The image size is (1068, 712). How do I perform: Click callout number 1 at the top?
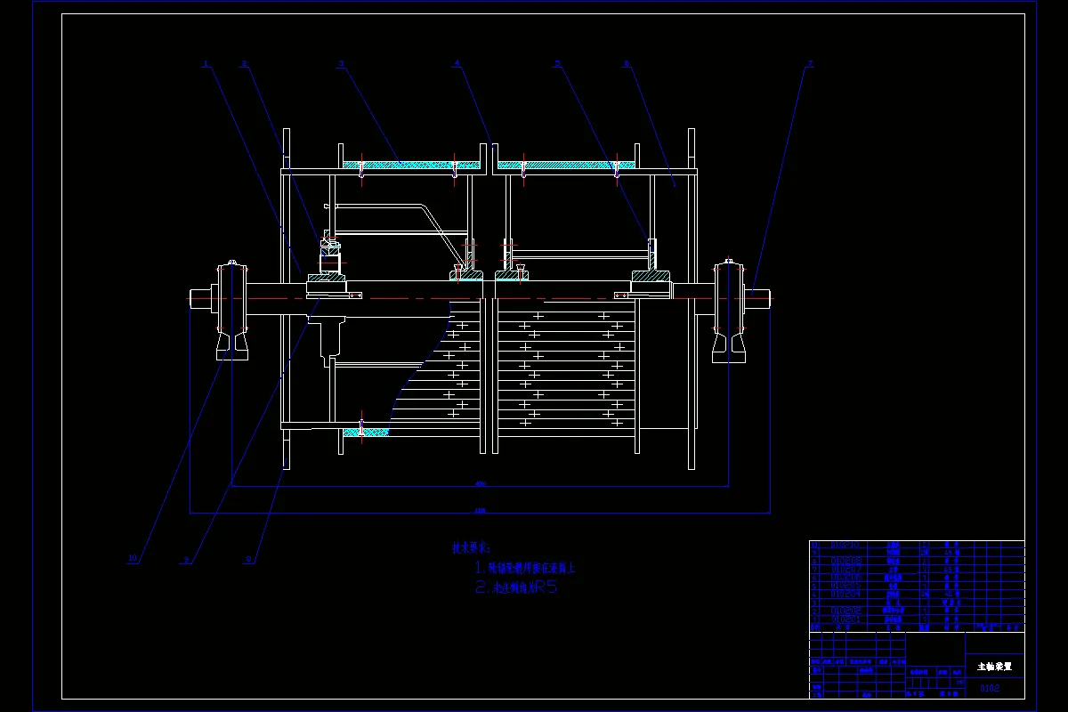205,63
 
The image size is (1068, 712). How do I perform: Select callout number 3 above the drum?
341,63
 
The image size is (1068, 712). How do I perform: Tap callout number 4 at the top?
457,63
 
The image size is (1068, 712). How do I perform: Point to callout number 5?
557,63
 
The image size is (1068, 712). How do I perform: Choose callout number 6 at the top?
626,63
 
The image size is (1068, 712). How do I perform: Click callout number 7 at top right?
809,63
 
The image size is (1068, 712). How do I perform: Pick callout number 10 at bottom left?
133,559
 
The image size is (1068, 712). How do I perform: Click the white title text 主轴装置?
994,666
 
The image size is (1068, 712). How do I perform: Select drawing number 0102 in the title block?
990,688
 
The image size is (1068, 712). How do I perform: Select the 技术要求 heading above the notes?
471,548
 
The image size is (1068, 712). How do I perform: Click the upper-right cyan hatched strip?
566,165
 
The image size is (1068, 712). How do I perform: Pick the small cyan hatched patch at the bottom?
365,433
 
